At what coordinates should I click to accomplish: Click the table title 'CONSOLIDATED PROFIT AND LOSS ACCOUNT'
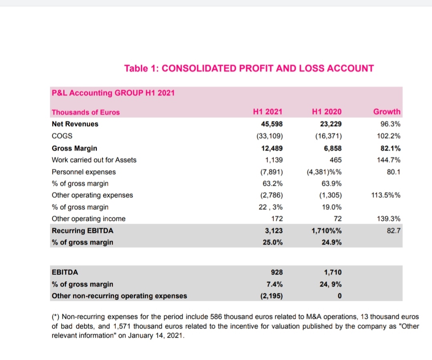click(268, 68)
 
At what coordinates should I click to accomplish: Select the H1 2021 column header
click(268, 112)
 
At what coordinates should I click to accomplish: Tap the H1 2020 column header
click(326, 112)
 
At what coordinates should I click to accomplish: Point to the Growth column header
click(387, 112)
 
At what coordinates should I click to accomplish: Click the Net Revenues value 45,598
click(272, 124)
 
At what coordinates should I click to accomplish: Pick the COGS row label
click(62, 136)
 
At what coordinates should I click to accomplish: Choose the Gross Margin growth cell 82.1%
click(390, 148)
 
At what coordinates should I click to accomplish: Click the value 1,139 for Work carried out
click(274, 160)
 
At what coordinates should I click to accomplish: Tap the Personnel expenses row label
click(84, 172)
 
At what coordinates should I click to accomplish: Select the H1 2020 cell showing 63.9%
click(332, 183)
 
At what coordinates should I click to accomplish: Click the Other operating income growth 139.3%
click(389, 219)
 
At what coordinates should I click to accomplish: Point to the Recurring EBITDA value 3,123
click(274, 231)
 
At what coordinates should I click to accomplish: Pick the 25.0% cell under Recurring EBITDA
click(272, 243)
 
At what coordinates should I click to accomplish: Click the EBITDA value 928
click(277, 272)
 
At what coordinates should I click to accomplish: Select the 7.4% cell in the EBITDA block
click(274, 284)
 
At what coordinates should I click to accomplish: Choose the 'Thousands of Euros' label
click(86, 112)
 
